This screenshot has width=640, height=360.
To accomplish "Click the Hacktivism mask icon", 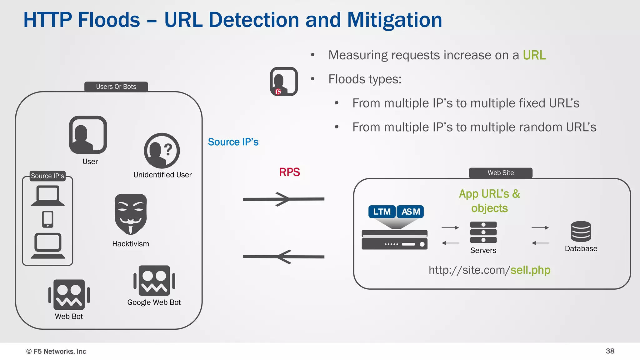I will coord(131,214).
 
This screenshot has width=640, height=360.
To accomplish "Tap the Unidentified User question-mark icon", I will coord(162,151).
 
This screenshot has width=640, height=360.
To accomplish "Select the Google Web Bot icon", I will coord(154,281).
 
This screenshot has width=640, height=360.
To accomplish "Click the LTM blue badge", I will coord(382,212).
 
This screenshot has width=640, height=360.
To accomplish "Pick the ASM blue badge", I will coord(411,212).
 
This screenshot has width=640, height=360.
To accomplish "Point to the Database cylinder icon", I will coord(581,232).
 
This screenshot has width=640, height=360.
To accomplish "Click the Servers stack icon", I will coord(483,232).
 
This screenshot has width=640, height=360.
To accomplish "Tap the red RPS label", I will coord(289,172).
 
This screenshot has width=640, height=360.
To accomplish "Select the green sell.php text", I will coord(530,270).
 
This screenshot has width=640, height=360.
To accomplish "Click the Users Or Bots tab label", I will coord(116,87).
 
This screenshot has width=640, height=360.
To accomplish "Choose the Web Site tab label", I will coord(501,173).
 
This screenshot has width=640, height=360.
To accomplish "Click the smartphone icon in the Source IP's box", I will coord(48,219).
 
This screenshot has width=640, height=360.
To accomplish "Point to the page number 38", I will coord(610,351).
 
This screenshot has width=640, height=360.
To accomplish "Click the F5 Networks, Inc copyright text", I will coord(56,351).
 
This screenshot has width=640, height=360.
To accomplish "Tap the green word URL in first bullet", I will coord(534,55).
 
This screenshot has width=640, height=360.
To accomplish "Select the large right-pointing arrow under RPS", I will coord(283,199).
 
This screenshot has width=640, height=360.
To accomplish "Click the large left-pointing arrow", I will coord(283,257).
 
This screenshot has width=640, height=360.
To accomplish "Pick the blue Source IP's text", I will coord(233,142).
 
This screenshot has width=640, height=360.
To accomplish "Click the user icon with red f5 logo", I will coord(284,81).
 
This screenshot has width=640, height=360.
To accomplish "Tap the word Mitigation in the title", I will coord(394,20).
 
